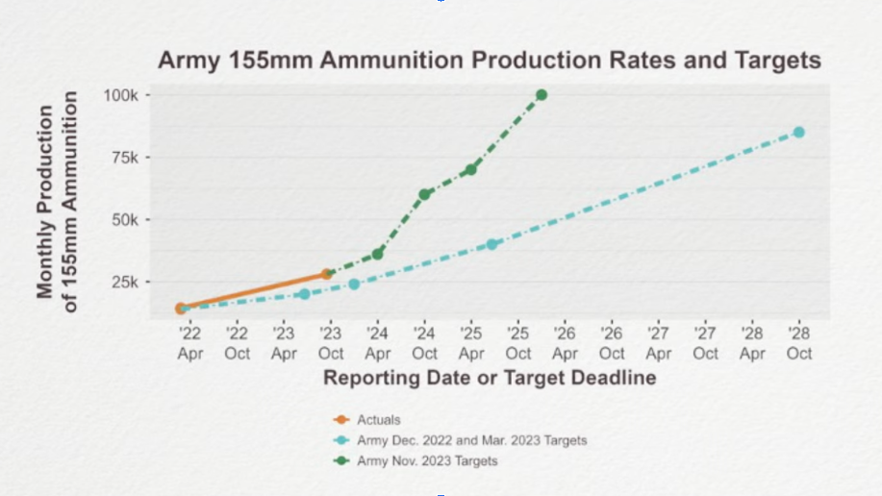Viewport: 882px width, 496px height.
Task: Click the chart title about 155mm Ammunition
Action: click(x=490, y=61)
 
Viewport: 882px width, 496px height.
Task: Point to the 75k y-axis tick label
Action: click(x=125, y=158)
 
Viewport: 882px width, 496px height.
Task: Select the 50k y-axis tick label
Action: click(x=125, y=220)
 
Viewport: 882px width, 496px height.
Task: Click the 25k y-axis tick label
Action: click(x=125, y=283)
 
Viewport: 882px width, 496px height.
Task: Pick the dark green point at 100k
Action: click(x=542, y=95)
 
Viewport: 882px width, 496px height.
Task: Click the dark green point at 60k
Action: click(x=424, y=194)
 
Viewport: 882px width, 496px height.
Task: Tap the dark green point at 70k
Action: click(x=471, y=169)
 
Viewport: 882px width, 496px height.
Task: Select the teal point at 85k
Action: click(x=798, y=132)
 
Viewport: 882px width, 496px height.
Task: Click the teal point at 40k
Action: click(x=492, y=244)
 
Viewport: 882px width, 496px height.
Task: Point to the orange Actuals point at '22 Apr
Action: click(x=180, y=308)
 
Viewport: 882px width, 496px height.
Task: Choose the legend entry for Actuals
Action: click(x=377, y=419)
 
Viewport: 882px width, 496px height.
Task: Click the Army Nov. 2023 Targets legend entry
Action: click(x=426, y=461)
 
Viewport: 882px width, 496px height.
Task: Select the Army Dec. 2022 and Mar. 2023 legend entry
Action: click(x=471, y=440)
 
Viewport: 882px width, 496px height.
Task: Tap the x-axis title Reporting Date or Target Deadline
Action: click(x=490, y=378)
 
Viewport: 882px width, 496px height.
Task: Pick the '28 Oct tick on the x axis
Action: click(x=799, y=344)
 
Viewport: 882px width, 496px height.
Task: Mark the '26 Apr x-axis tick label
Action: click(x=565, y=344)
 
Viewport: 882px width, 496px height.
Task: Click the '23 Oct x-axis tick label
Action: click(x=331, y=344)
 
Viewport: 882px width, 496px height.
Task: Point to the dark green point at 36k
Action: click(x=378, y=254)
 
